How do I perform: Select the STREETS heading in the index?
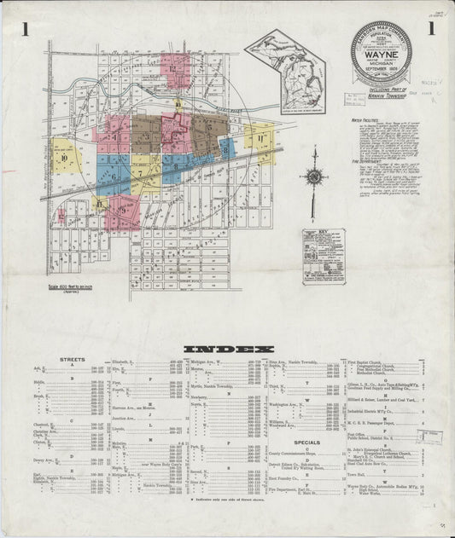72,359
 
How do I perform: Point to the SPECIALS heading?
306,443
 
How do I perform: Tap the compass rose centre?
314,176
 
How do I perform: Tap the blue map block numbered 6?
113,175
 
